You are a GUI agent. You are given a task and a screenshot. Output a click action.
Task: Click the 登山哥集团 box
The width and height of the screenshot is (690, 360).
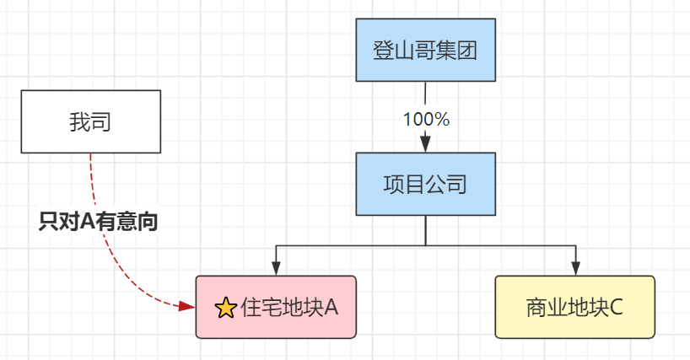pyautogui.click(x=425, y=50)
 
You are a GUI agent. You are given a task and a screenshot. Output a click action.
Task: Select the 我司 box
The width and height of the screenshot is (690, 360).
pyautogui.click(x=91, y=122)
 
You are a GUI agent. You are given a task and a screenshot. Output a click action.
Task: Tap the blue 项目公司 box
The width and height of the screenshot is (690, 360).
pyautogui.click(x=425, y=185)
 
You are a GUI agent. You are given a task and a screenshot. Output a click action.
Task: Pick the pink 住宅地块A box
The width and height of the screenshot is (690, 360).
pyautogui.click(x=276, y=307)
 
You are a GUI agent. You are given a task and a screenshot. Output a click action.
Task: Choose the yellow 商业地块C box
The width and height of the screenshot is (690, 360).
pyautogui.click(x=574, y=307)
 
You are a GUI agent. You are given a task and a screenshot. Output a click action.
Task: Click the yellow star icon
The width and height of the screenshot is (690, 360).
pyautogui.click(x=225, y=309)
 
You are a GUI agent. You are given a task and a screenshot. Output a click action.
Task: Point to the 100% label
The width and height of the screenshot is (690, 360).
pyautogui.click(x=426, y=119)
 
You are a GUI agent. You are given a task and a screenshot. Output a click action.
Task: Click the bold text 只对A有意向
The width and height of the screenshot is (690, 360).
pyautogui.click(x=100, y=223)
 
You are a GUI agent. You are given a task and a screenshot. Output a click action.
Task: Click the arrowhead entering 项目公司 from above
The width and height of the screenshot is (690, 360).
pyautogui.click(x=426, y=144)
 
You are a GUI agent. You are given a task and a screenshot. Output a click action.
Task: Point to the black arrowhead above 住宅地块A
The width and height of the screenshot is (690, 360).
pyautogui.click(x=276, y=267)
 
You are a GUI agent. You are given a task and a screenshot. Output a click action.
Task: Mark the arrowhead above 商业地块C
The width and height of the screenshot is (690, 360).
pyautogui.click(x=575, y=267)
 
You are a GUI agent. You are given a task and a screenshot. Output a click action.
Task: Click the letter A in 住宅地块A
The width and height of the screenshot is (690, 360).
pyautogui.click(x=332, y=308)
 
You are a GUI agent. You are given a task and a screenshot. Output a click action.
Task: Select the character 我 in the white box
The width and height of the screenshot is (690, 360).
pyautogui.click(x=80, y=123)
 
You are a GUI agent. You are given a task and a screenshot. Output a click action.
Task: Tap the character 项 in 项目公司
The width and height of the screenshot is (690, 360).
pyautogui.click(x=393, y=185)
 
